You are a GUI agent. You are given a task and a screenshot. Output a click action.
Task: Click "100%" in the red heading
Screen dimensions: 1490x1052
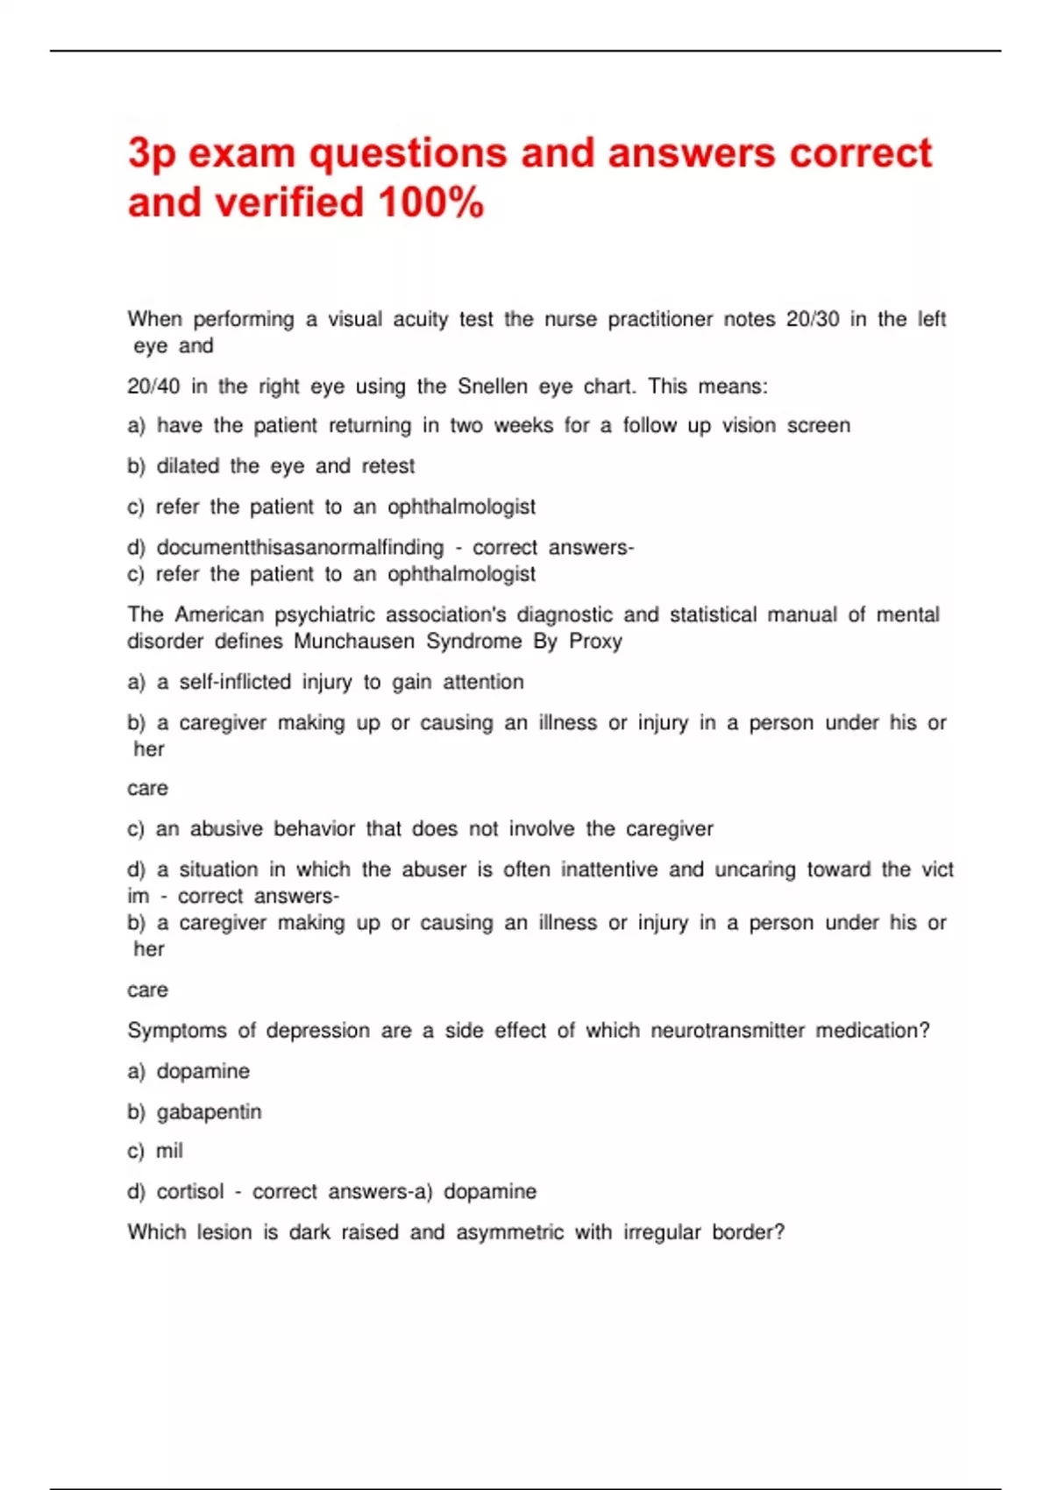coord(430,202)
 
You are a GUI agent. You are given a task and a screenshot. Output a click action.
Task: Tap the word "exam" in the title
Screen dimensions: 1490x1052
coord(242,153)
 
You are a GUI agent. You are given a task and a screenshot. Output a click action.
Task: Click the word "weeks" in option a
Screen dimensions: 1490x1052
coord(523,426)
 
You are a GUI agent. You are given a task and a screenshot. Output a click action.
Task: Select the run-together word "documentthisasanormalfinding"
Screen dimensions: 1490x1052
coord(300,548)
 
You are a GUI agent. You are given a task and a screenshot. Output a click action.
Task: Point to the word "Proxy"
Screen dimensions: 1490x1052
coord(595,642)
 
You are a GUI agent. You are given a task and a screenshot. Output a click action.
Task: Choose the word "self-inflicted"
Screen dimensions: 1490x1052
coord(235,682)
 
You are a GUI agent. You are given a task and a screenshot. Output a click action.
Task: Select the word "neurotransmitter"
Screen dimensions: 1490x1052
coord(728,1031)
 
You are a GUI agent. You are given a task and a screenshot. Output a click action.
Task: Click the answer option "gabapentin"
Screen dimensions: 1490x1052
coord(209,1112)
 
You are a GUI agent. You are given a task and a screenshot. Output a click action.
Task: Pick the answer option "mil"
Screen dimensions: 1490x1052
coord(169,1151)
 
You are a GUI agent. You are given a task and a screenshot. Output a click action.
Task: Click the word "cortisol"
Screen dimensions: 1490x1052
coord(190,1192)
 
